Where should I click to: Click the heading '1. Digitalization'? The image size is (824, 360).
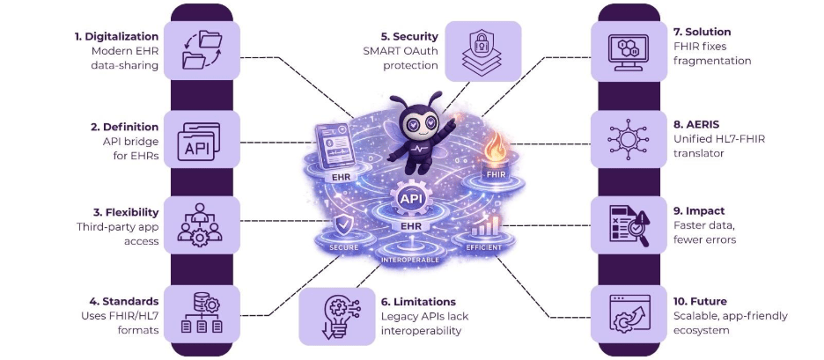(x=116, y=37)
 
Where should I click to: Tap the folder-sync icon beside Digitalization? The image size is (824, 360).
(x=202, y=50)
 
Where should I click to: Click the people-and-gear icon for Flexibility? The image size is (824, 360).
(x=200, y=224)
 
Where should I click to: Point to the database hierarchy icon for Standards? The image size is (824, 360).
(x=202, y=313)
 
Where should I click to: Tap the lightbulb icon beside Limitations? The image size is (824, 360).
(x=337, y=315)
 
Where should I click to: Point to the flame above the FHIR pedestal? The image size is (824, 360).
(x=495, y=148)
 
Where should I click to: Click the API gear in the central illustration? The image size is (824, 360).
(x=408, y=200)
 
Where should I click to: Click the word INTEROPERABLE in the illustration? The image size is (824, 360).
(x=408, y=260)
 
